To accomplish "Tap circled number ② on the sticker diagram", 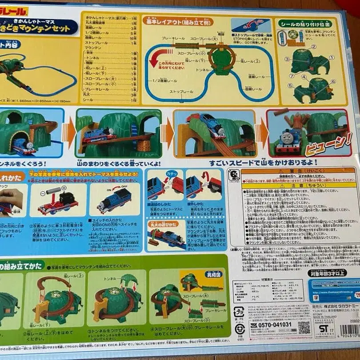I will coord(313,46).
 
